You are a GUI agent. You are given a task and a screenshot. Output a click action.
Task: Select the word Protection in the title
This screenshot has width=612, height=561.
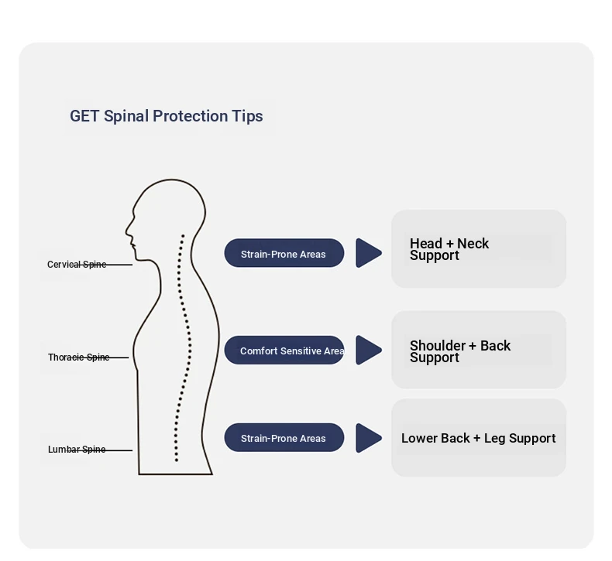[190, 116]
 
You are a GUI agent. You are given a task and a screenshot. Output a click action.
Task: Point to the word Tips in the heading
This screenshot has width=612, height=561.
[247, 116]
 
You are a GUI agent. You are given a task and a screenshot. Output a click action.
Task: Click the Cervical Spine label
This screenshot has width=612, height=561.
[77, 265]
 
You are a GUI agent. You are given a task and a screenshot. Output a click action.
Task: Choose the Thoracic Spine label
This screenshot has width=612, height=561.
[78, 357]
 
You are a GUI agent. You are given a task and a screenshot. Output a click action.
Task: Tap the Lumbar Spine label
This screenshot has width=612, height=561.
[77, 450]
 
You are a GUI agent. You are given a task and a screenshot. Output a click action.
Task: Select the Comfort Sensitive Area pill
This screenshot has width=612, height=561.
[284, 351]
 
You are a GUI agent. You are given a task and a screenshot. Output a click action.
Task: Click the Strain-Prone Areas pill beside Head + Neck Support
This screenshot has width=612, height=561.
[284, 254]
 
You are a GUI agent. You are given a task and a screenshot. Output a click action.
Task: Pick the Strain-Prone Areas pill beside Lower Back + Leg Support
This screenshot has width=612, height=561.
[284, 438]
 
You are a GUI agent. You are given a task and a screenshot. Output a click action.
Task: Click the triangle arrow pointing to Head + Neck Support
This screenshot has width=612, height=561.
[368, 253]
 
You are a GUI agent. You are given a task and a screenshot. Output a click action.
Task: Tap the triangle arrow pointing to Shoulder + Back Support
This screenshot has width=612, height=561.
[368, 350]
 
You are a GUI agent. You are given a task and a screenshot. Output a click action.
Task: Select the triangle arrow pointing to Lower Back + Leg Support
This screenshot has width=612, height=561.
[368, 438]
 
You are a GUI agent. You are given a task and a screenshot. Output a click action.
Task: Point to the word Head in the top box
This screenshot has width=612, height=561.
[426, 244]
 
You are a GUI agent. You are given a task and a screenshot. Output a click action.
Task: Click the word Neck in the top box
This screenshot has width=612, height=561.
[473, 244]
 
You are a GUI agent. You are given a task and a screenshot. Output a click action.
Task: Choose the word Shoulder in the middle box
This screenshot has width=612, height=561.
[438, 346]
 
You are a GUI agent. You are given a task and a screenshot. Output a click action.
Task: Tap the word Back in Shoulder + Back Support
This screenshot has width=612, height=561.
[495, 346]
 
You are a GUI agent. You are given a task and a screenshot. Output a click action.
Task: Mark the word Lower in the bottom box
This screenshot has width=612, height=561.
[418, 438]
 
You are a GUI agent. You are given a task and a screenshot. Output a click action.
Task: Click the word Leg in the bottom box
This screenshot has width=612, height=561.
[494, 438]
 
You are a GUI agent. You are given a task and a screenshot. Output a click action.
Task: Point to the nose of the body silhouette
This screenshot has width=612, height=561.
[128, 230]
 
